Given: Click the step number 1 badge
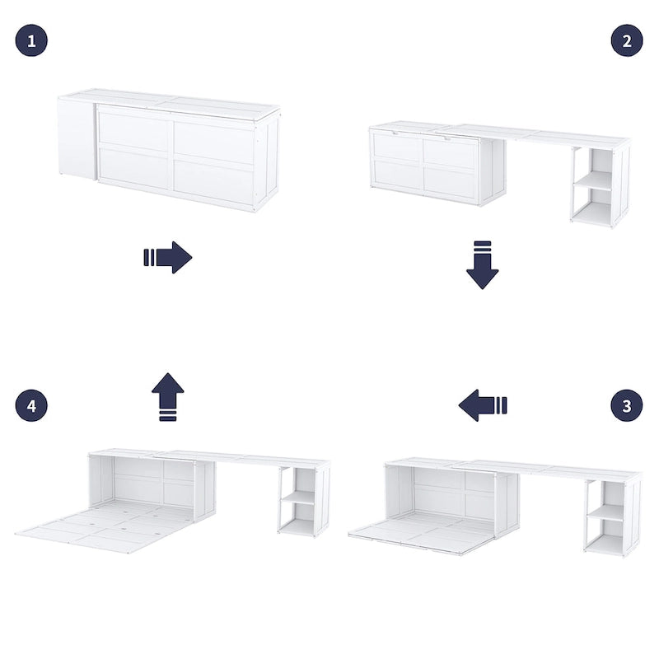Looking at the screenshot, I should (31, 40).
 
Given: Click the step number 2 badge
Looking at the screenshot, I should (627, 40).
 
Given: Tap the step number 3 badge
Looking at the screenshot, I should (627, 405).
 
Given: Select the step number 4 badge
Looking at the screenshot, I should (31, 405).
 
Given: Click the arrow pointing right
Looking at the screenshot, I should (168, 257).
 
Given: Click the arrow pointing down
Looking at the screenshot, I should (483, 264).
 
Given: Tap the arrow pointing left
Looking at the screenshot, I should (483, 405).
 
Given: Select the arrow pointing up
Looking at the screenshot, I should (168, 396).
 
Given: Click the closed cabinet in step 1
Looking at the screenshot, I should (175, 152).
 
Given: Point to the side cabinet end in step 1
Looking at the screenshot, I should (77, 138).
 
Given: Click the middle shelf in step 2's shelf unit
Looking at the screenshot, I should (594, 181).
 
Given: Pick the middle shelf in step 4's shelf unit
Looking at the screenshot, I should (298, 498).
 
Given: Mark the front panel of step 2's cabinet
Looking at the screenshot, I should (424, 165).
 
